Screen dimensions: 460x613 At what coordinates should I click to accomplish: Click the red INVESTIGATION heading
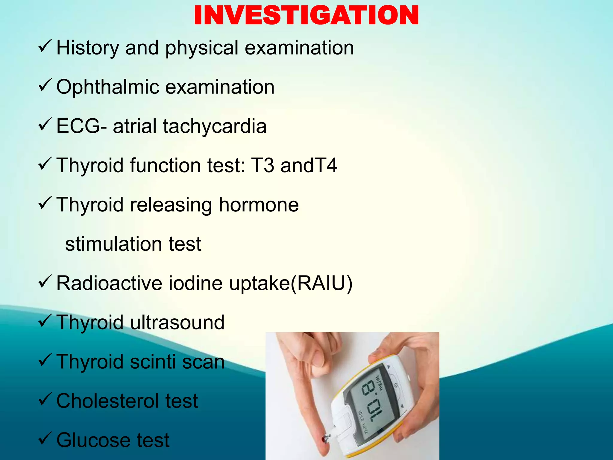click(x=306, y=16)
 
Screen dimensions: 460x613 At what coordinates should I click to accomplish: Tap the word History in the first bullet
click(x=88, y=48)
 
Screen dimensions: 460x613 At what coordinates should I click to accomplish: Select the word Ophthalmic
click(x=108, y=87)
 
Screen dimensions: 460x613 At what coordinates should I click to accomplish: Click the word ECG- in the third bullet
click(x=81, y=126)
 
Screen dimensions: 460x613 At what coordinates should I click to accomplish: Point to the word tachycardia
click(x=215, y=126)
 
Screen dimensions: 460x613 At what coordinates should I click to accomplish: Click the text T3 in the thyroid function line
click(x=263, y=165)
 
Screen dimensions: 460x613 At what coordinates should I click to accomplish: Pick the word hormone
click(x=259, y=205)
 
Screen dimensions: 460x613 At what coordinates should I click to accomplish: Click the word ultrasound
click(x=177, y=323)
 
